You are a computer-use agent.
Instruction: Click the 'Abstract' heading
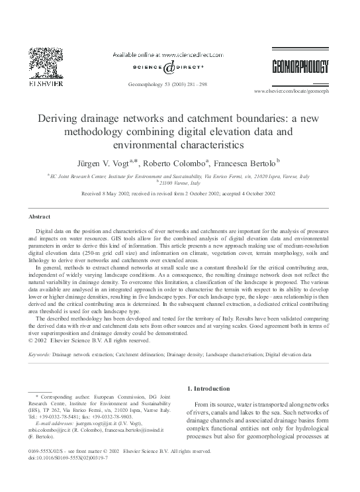(39, 217)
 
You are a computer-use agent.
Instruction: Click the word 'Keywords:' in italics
(40, 354)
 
